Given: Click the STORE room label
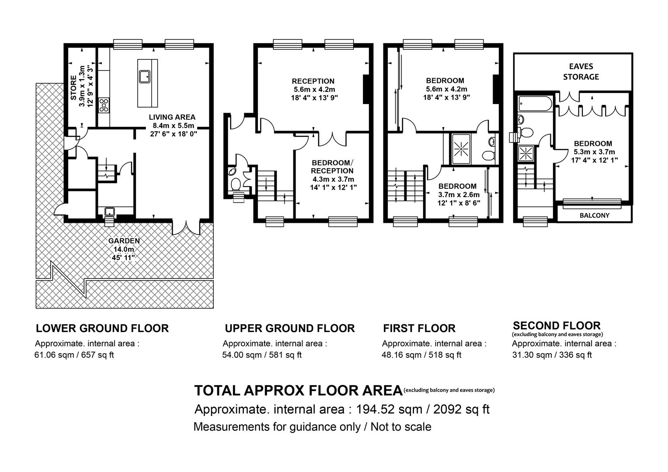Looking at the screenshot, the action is (73, 88).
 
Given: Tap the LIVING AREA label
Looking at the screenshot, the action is (172, 117).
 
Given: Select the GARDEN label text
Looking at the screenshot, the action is (124, 241).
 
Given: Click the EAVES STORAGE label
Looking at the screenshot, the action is (581, 72).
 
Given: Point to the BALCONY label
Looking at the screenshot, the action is (595, 215).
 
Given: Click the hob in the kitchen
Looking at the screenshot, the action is (104, 105).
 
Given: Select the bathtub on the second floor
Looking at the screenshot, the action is (536, 104).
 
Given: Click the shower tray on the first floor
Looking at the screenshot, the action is (461, 149).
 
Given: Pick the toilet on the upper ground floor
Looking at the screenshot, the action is (236, 184).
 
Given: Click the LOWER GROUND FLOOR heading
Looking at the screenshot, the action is (102, 328).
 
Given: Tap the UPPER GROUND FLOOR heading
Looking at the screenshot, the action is (290, 328).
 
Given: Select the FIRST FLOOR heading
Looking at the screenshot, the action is (419, 328).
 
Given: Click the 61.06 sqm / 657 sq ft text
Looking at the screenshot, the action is (74, 355).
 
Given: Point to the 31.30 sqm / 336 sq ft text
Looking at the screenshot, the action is (552, 355).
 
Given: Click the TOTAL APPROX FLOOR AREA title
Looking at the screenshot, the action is (299, 391).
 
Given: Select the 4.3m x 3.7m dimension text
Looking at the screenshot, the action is (333, 179).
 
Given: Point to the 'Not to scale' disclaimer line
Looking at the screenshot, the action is (312, 427).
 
